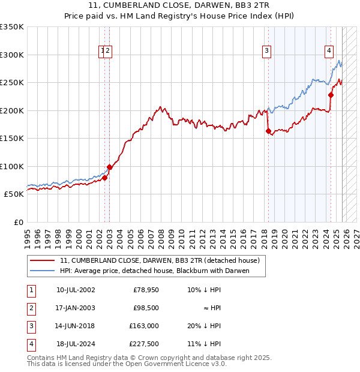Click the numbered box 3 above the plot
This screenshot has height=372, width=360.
tap(266, 52)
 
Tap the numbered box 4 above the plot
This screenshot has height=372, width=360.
tap(329, 52)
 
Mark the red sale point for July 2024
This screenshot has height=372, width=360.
tap(331, 95)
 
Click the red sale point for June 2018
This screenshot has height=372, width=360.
tap(268, 131)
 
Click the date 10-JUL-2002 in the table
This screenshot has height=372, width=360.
tap(76, 290)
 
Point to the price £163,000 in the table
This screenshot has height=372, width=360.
tap(145, 326)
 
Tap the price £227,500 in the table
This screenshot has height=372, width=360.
tap(145, 344)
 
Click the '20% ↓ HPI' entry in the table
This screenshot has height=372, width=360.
tap(204, 326)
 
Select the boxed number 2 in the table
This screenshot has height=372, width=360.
tap(31, 308)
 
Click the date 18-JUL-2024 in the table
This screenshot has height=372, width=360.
tap(76, 344)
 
